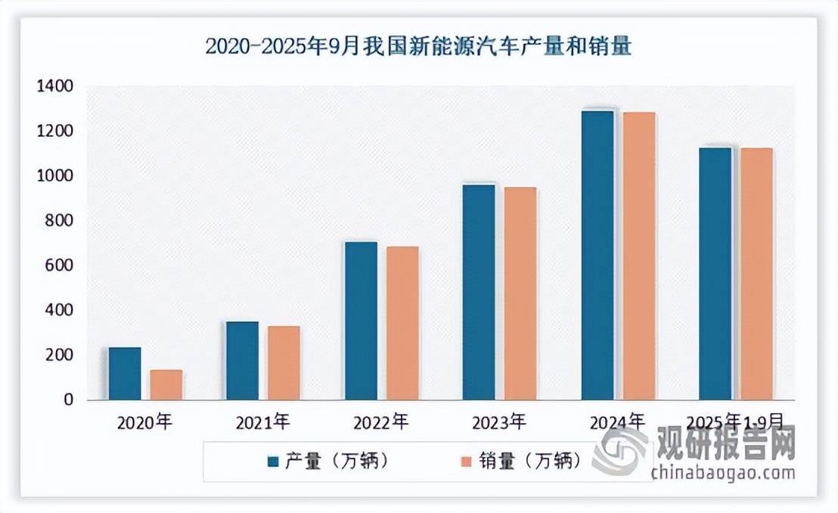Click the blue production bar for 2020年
pos(125,373)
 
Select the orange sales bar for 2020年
pos(166,384)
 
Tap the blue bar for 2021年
pos(242,360)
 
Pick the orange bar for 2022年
pos(402,323)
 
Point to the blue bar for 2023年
pos(479,292)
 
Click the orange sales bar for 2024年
pos(638,256)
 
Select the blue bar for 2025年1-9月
pos(715,273)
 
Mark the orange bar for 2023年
pos(520,294)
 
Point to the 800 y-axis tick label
pos(57,221)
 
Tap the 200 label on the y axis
pos(57,355)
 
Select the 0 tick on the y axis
pos(67,400)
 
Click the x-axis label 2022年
pos(380,422)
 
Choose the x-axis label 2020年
pos(145,422)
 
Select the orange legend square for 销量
pos(467,460)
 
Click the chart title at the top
pos(418,47)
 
